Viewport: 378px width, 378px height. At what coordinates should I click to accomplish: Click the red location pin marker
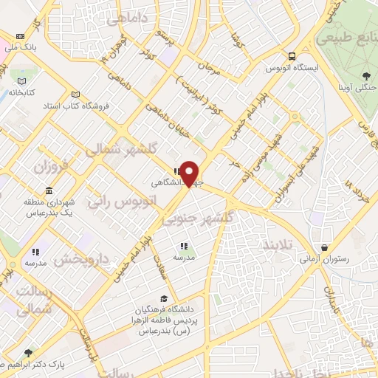click(190, 174)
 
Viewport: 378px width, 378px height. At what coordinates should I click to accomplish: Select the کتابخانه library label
click(23, 93)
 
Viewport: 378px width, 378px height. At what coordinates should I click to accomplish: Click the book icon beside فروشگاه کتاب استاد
click(76, 94)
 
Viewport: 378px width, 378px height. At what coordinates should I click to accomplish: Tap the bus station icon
click(292, 56)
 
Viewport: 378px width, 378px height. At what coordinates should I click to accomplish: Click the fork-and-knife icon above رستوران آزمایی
click(323, 247)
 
